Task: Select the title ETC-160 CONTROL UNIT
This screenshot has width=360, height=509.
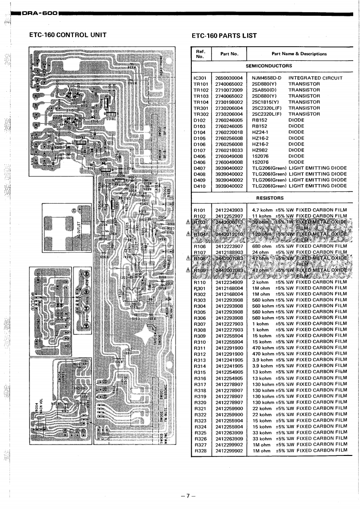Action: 68,34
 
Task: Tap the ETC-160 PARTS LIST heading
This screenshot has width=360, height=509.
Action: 224,35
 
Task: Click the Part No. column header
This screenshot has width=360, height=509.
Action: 229,54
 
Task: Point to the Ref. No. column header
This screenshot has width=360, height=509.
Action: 200,54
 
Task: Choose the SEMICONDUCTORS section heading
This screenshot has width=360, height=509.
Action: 268,66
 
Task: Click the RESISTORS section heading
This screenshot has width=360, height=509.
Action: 270,198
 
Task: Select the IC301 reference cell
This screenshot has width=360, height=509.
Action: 200,78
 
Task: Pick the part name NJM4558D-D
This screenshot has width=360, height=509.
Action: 267,78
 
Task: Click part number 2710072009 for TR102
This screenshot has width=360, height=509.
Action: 229,90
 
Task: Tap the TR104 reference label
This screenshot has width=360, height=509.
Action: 200,102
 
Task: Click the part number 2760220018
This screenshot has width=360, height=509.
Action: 229,132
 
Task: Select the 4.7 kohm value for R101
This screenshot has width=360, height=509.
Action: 262,210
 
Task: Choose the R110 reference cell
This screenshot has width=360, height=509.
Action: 200,282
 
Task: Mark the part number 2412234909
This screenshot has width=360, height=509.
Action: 229,282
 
